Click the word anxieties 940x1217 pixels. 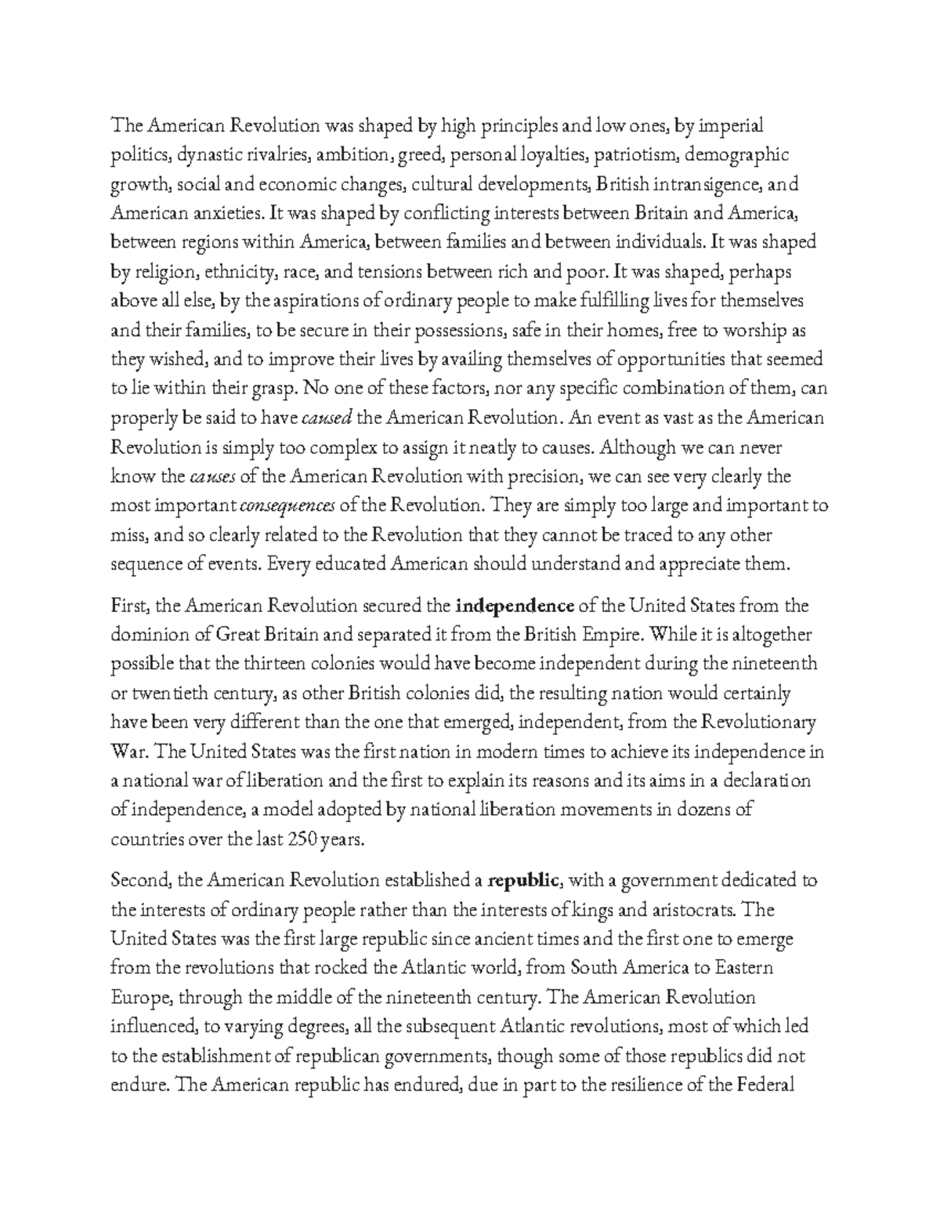click(222, 214)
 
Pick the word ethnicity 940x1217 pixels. click(244, 273)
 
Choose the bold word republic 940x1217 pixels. click(522, 881)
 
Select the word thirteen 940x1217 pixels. click(269, 665)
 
